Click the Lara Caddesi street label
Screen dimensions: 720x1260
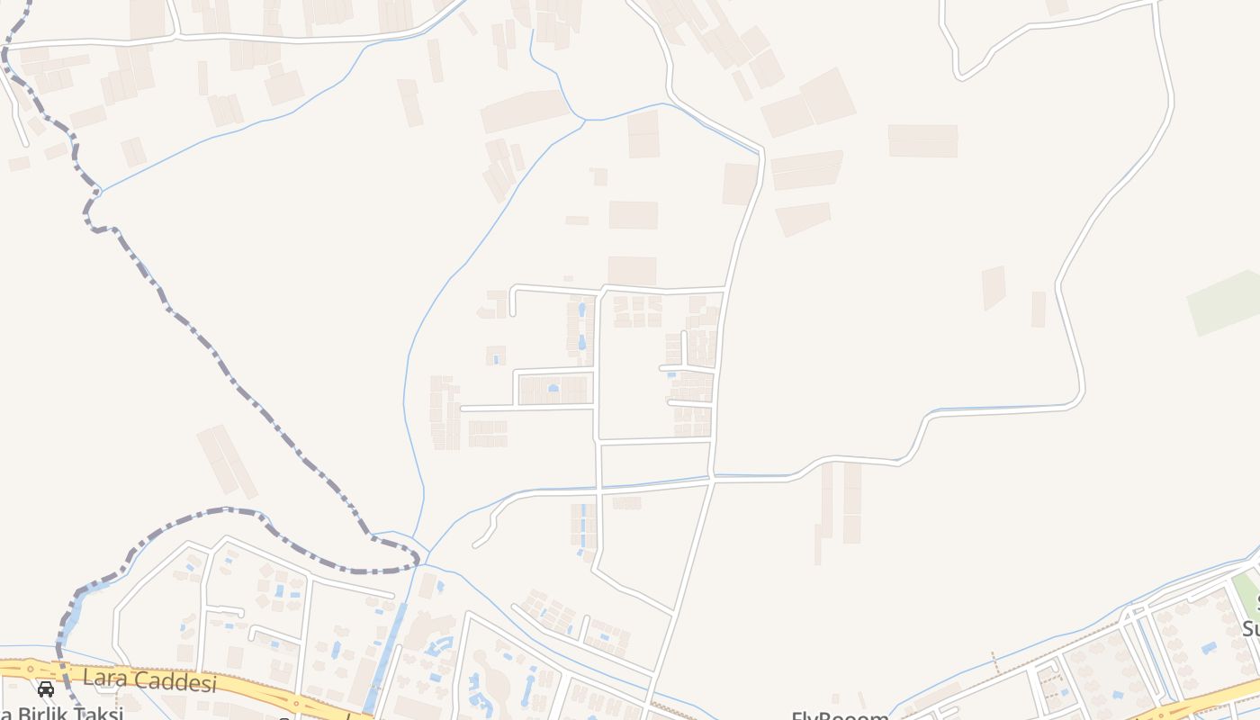point(149,679)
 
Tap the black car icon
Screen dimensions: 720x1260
point(45,689)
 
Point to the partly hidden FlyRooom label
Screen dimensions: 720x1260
point(839,715)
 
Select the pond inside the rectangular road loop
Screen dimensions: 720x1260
point(553,388)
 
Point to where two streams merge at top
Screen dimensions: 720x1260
point(586,119)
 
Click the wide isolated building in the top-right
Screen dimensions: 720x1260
point(922,140)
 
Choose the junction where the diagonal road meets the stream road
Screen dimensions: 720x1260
point(712,480)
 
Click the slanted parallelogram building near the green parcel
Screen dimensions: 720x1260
point(993,287)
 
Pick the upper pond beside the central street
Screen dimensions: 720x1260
point(581,310)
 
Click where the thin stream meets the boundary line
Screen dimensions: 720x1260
point(100,192)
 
